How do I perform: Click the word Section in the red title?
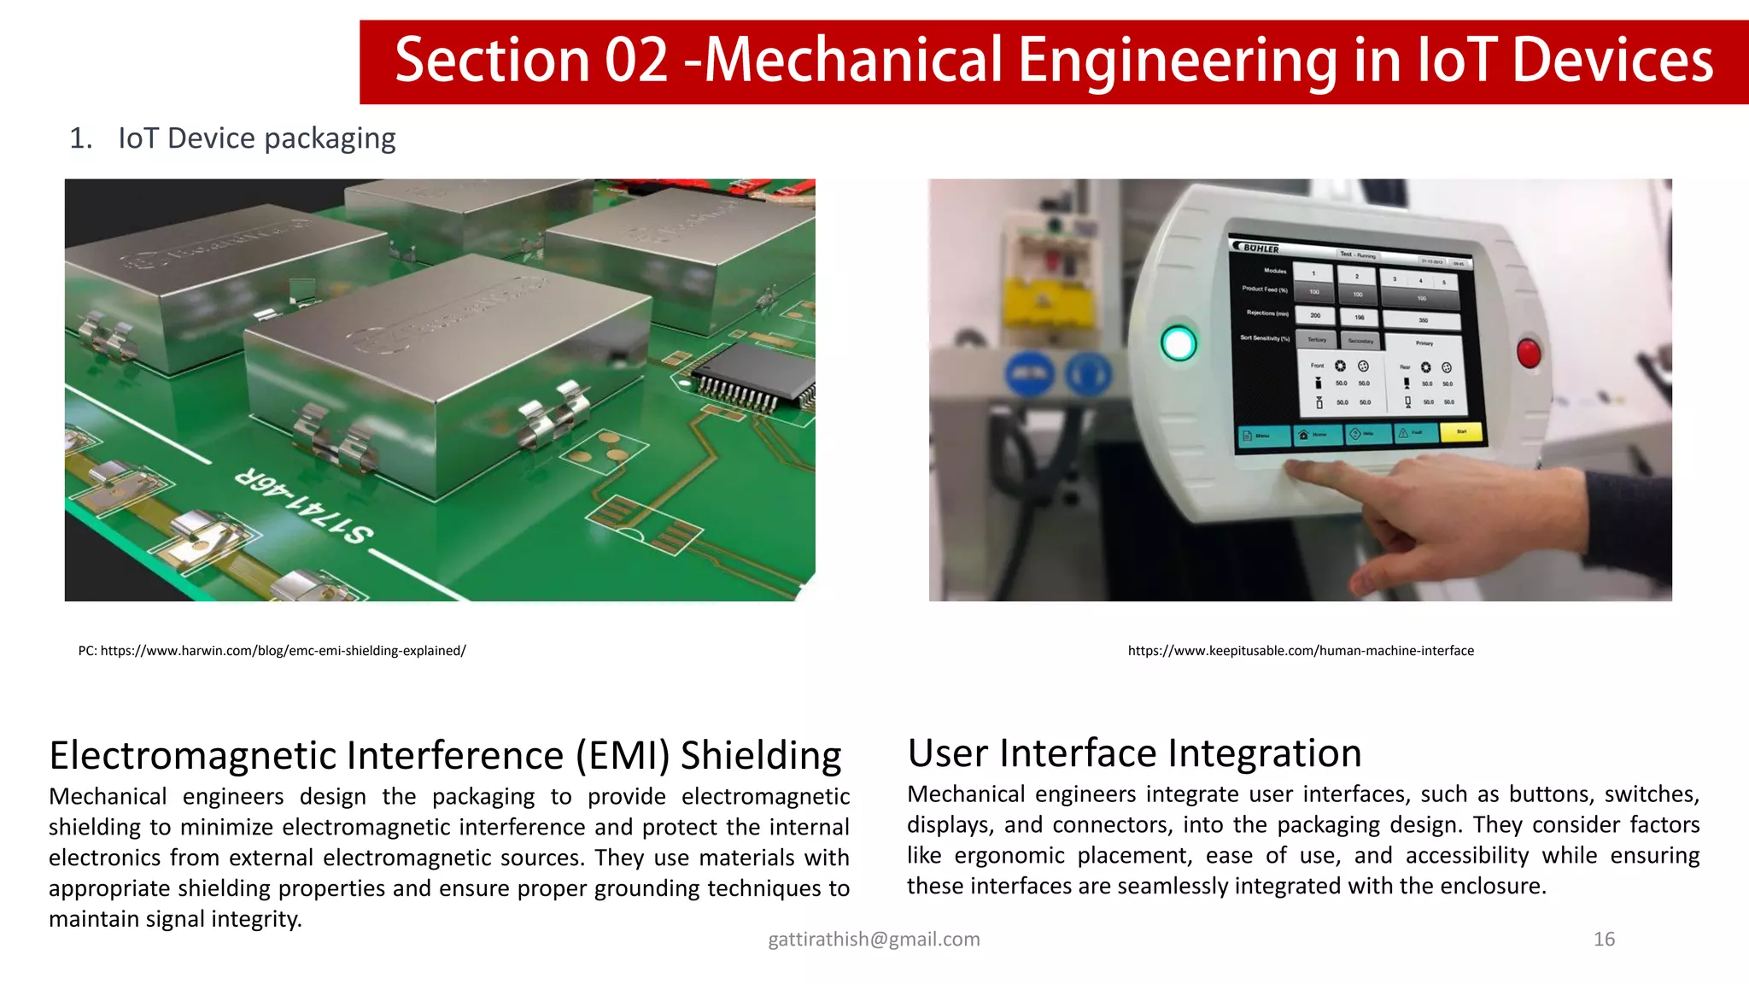tap(492, 61)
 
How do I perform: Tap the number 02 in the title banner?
tap(636, 61)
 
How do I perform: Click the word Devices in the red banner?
tap(1612, 61)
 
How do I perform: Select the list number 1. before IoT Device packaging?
tap(80, 138)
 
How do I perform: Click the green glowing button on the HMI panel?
tap(1179, 344)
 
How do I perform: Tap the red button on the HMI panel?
tap(1529, 352)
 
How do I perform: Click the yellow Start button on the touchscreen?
tap(1461, 432)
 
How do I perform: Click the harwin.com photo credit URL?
tap(283, 651)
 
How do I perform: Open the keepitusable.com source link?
tap(1300, 651)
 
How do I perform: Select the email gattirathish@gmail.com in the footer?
tap(874, 939)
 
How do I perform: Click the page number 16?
tap(1604, 939)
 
